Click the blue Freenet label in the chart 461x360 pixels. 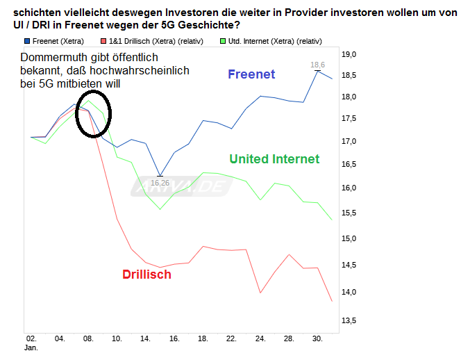tap(251, 74)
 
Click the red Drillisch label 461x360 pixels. tap(146, 275)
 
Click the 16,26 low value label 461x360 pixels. tap(160, 183)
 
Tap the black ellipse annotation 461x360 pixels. tap(92, 113)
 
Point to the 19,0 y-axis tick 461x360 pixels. tap(349, 54)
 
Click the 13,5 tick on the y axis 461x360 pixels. tap(349, 320)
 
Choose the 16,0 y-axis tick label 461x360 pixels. tap(349, 188)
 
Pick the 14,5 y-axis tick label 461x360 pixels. tap(349, 265)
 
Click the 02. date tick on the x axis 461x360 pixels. tap(31, 338)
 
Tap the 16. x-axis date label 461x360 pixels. tap(174, 338)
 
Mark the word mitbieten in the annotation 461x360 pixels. tap(99, 84)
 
